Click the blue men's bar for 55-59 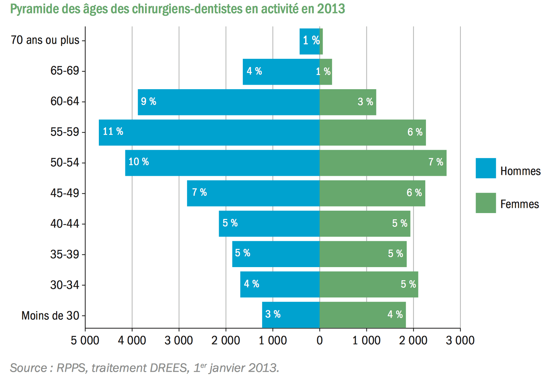[x=209, y=133]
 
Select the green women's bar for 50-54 [x=383, y=163]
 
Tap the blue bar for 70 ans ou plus [x=309, y=41]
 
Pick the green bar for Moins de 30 [x=362, y=315]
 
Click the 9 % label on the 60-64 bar [x=148, y=102]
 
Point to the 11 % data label [x=113, y=131]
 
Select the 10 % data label [x=138, y=162]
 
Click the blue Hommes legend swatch [x=486, y=168]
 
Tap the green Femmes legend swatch [x=486, y=203]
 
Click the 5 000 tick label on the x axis [x=85, y=341]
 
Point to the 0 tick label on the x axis [x=320, y=341]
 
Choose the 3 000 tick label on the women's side [x=460, y=341]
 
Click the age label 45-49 [x=65, y=193]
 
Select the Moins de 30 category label [x=50, y=316]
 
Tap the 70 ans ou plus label [x=45, y=40]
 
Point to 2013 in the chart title [x=331, y=9]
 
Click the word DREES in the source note [x=168, y=368]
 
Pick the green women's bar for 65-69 [x=326, y=72]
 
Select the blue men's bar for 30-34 [x=280, y=284]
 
